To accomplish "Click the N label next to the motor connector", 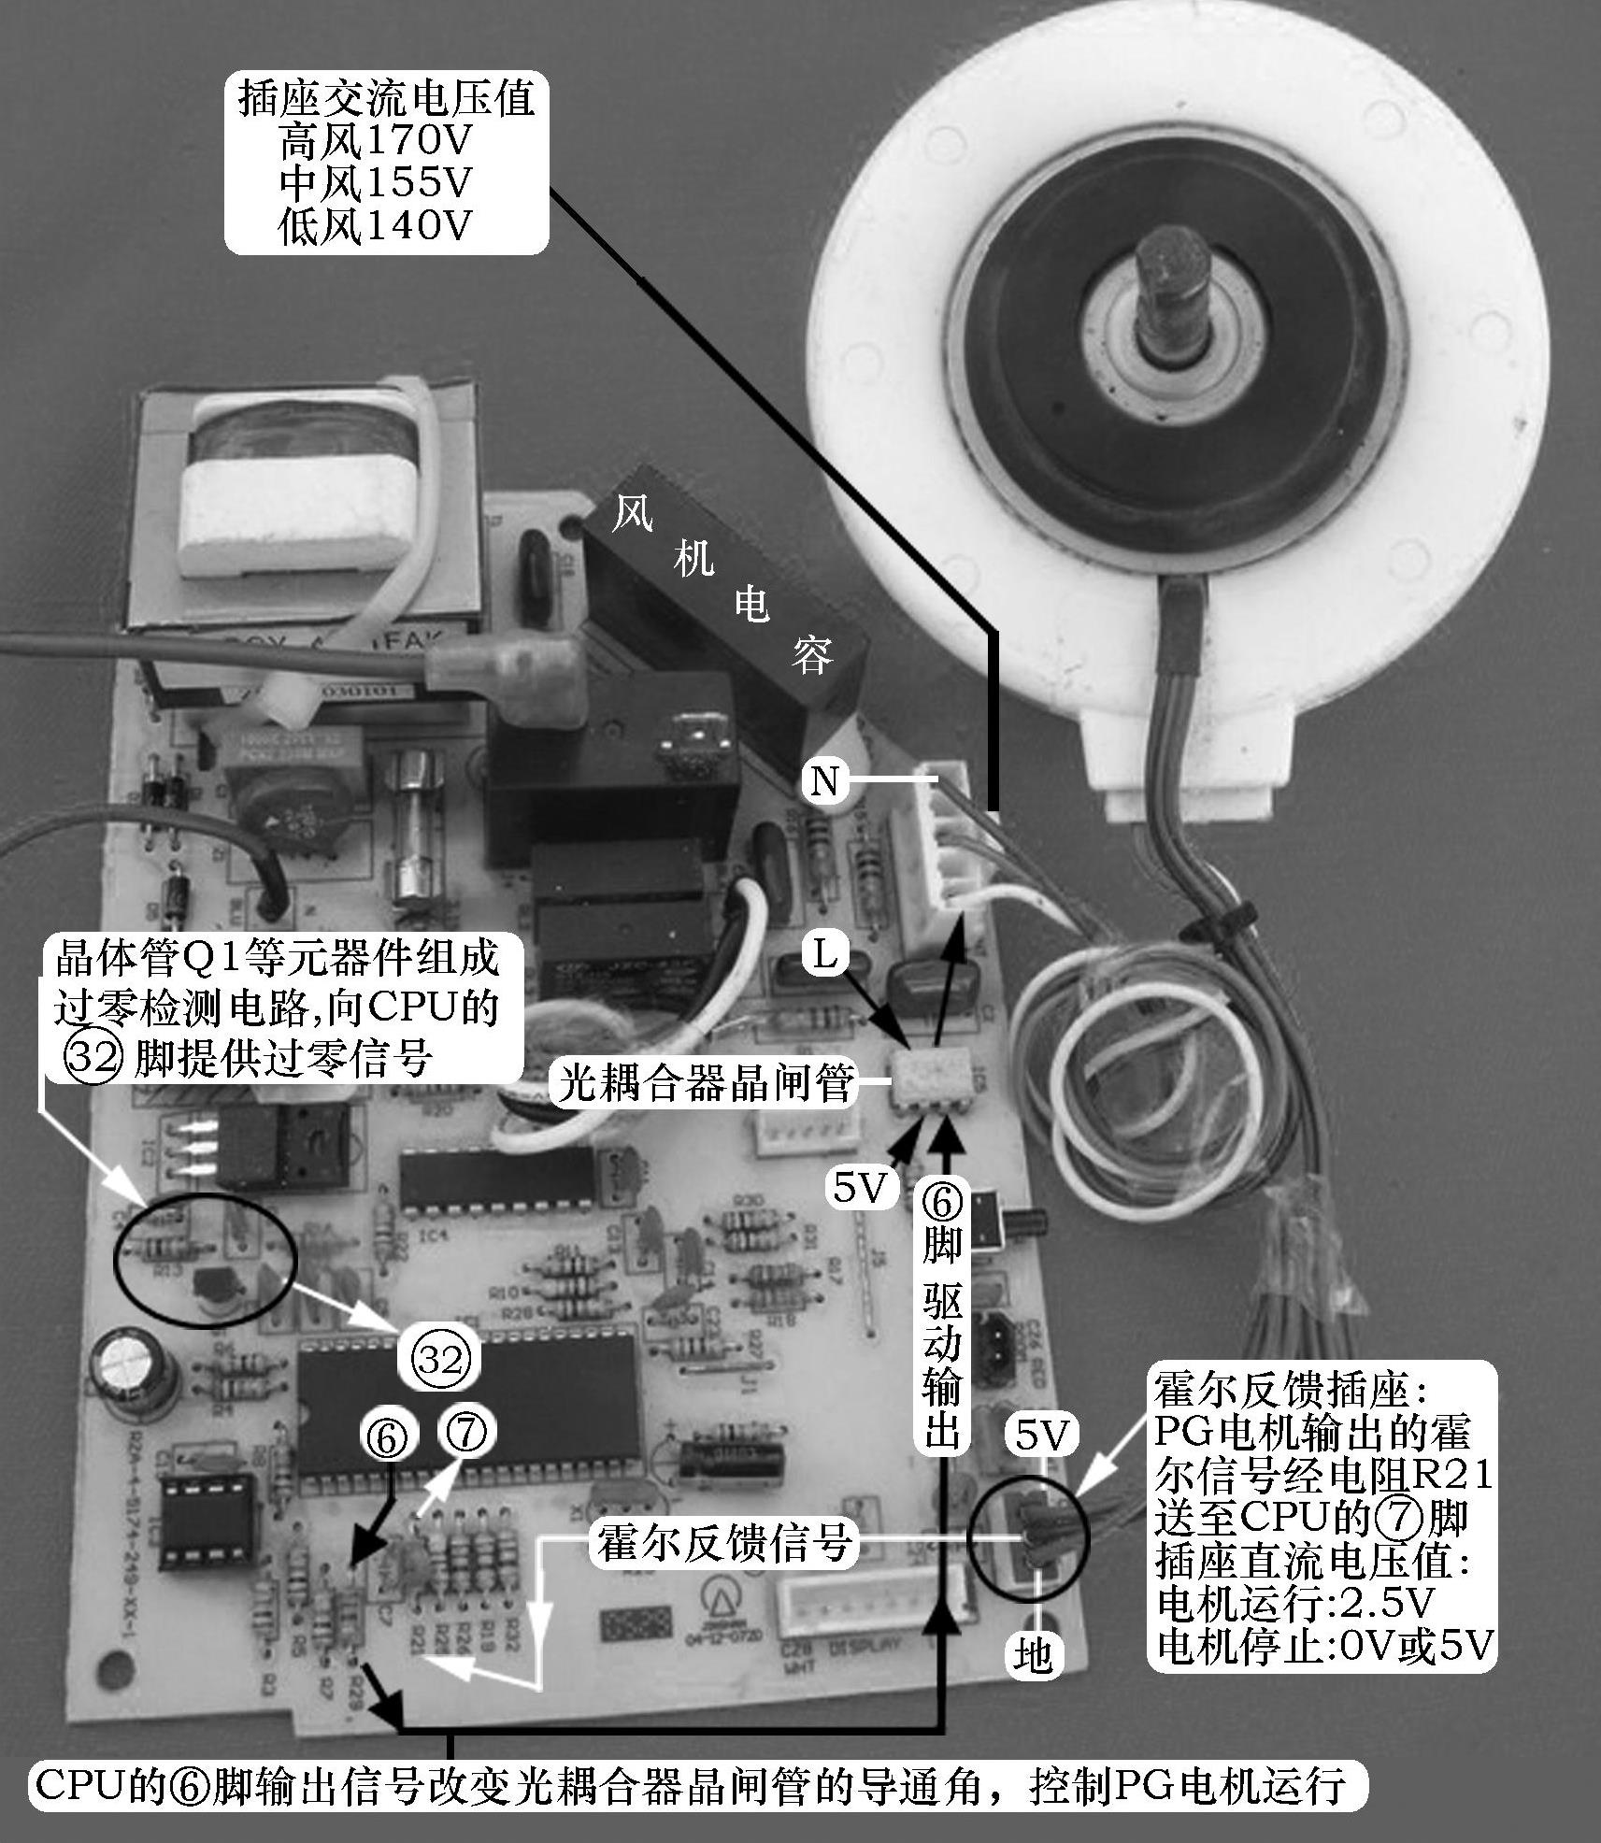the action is click(824, 780).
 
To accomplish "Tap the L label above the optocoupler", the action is click(824, 955).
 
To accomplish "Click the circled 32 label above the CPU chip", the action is click(439, 1360).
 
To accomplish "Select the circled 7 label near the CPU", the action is click(466, 1433).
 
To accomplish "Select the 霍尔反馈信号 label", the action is click(724, 1544).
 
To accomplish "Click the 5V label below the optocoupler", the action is click(859, 1188).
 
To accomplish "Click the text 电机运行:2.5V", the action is click(1294, 1604).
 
